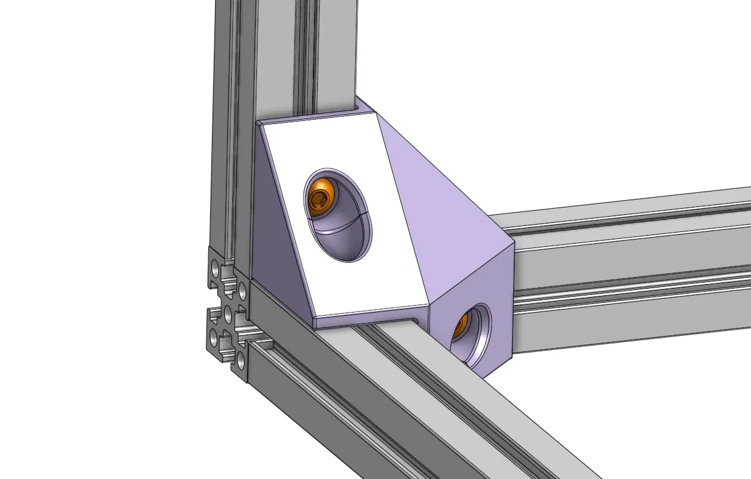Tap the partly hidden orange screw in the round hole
click(462, 325)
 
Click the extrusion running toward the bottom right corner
click(430, 399)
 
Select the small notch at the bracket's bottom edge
click(418, 321)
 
